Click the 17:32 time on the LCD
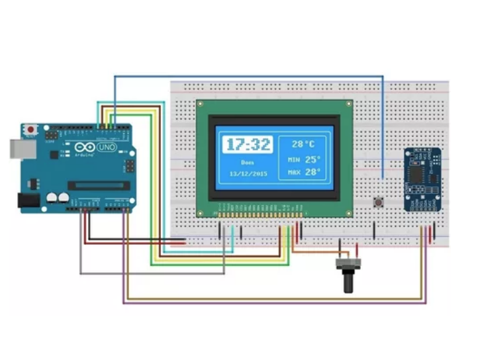[x=247, y=144]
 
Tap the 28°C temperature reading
[x=303, y=144]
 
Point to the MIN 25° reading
[x=304, y=159]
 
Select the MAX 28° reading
[x=304, y=173]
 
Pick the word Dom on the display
[x=246, y=161]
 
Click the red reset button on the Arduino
[x=29, y=130]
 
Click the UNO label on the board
[x=106, y=146]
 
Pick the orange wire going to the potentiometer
[x=318, y=252]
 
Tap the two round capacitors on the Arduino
[x=57, y=197]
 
